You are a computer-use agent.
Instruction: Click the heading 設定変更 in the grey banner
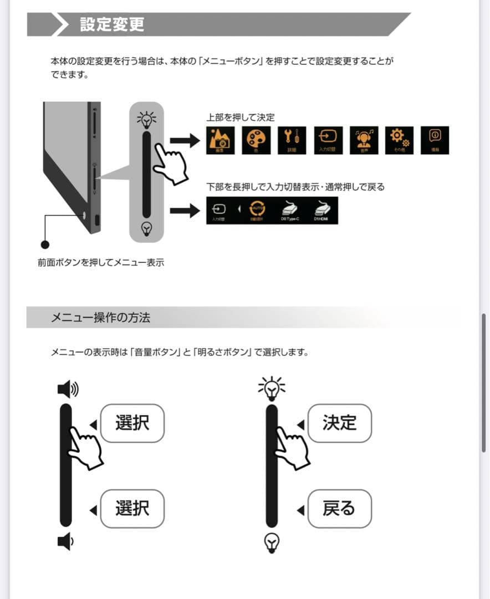(x=112, y=25)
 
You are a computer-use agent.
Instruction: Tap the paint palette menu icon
(x=256, y=140)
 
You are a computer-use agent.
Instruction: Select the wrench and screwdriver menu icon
(x=292, y=140)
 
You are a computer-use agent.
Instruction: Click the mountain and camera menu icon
(x=220, y=140)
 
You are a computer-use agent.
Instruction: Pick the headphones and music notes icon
(x=364, y=140)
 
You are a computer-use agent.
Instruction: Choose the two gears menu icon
(x=399, y=140)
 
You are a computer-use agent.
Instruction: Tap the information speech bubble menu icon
(x=435, y=140)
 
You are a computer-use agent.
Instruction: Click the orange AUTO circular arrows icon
(x=256, y=210)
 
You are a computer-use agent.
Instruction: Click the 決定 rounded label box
(x=339, y=423)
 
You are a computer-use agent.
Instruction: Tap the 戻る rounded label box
(x=339, y=509)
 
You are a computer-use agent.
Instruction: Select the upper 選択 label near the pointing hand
(x=132, y=423)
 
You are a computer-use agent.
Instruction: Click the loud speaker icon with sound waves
(x=68, y=389)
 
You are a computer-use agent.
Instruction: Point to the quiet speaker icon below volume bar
(x=65, y=541)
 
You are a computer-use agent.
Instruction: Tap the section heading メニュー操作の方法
(x=100, y=318)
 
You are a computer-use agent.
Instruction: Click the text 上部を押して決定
(x=240, y=118)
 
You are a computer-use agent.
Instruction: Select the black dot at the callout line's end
(x=45, y=244)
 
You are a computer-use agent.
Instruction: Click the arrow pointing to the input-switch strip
(x=184, y=211)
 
